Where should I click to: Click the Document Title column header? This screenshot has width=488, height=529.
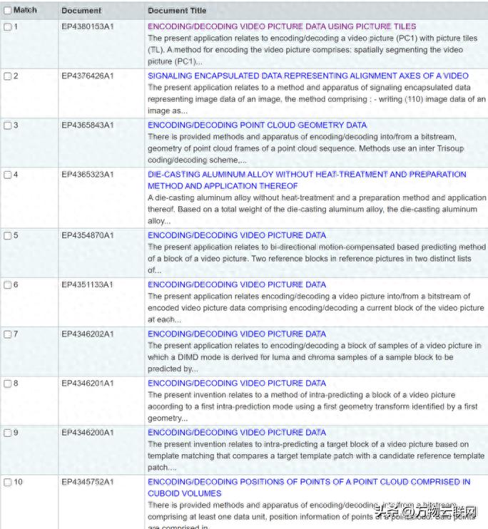[177, 11]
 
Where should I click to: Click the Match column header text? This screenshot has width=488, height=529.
[25, 11]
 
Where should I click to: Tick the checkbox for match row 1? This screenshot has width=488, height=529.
[8, 27]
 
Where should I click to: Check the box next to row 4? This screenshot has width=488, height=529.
[8, 175]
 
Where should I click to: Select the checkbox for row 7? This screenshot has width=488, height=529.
[8, 334]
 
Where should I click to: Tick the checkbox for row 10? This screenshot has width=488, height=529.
[8, 483]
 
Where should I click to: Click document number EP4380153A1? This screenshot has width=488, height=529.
[87, 27]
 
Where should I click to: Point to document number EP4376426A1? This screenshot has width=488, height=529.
[87, 76]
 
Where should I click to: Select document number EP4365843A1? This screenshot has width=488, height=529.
[87, 125]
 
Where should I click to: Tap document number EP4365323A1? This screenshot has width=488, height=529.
[87, 175]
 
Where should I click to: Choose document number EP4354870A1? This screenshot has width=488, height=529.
[87, 235]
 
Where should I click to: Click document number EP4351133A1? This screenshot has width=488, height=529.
[87, 285]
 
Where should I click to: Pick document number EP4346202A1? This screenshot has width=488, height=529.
[87, 334]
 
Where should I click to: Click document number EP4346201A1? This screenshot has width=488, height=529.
[87, 384]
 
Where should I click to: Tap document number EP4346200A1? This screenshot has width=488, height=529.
[87, 433]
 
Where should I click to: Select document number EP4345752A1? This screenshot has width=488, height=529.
[87, 483]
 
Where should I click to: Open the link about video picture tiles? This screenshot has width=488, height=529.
[282, 26]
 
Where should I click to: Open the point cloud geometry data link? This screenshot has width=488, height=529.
[257, 125]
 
